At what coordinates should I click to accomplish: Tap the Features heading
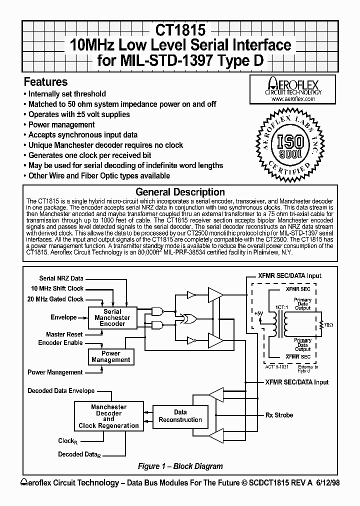point(45,82)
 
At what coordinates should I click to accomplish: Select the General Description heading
point(180,192)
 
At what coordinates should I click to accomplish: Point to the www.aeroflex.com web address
point(293,99)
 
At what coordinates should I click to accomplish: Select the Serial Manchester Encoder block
point(112,317)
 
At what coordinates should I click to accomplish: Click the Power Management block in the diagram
point(111,356)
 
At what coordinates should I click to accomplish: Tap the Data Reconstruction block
point(180,416)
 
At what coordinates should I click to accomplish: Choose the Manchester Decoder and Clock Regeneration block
point(108,416)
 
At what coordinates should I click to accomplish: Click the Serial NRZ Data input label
point(61,278)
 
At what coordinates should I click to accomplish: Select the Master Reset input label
point(61,334)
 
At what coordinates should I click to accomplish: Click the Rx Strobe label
point(279,415)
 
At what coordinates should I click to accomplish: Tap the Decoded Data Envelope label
point(61,390)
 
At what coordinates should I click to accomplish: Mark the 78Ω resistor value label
point(327,325)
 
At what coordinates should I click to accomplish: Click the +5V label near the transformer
point(258,313)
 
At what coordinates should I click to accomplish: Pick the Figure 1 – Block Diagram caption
point(180,466)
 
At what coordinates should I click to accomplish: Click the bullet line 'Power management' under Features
point(61,124)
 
